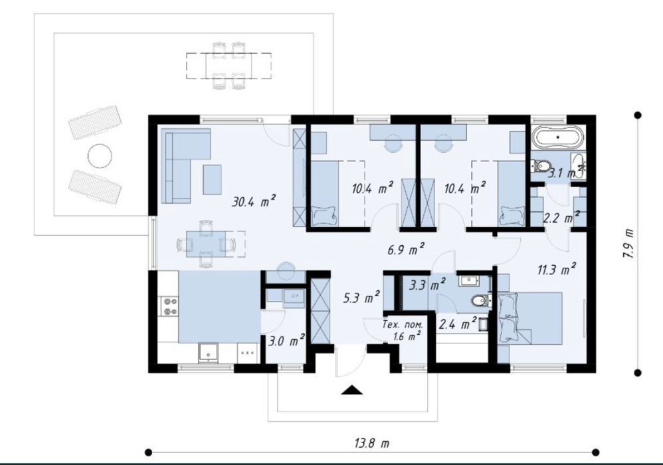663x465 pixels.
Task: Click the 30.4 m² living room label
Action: [x=254, y=201]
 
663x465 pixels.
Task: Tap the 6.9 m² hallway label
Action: [x=406, y=249]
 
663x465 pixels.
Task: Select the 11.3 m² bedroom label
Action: [x=557, y=269]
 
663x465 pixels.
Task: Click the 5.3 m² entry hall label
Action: [x=361, y=298]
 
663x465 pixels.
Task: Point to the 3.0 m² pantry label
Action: [x=287, y=340]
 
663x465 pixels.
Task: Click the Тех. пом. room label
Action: [x=402, y=325]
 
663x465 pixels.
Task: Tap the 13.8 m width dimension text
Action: [x=371, y=443]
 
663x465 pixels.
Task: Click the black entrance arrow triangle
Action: [x=352, y=390]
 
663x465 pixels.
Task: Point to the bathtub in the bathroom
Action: [x=558, y=138]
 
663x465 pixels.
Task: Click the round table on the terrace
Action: [x=100, y=156]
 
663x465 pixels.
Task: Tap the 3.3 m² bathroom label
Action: [x=427, y=284]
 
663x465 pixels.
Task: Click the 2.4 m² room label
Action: [x=458, y=324]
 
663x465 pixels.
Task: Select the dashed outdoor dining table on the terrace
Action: [x=229, y=66]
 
